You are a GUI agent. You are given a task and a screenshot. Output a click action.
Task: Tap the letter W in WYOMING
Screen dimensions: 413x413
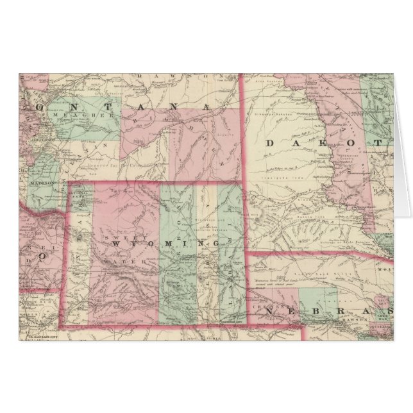(113, 246)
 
